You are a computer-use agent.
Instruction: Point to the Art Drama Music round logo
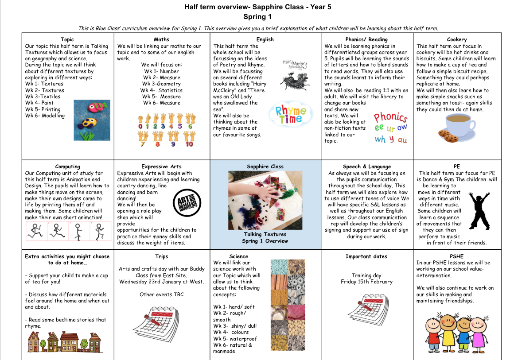click(184, 201)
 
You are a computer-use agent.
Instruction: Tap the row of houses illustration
click(64, 342)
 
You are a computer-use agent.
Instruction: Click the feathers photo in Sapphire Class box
click(265, 199)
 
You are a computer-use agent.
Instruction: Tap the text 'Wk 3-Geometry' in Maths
click(162, 84)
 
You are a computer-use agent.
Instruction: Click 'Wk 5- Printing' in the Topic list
click(43, 109)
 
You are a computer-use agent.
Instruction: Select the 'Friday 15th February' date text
click(366, 282)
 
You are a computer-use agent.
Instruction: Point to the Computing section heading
click(68, 166)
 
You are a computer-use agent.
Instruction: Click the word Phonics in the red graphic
click(390, 118)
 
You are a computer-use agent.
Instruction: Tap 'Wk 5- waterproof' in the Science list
click(235, 339)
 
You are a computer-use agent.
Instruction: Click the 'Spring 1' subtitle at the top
click(257, 17)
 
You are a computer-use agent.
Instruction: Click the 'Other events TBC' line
click(161, 294)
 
